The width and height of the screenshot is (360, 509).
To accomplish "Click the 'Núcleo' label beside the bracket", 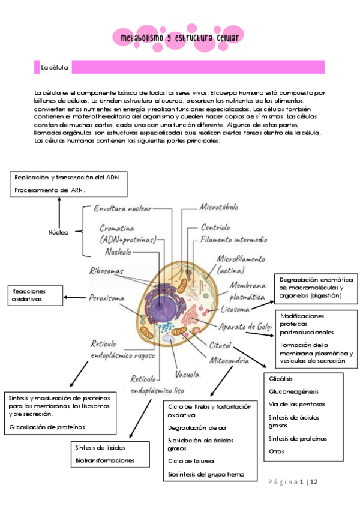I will point(58,232).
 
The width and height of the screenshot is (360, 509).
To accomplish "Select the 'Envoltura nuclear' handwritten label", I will point(122,208).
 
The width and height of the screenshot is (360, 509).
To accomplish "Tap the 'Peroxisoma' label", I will point(107,297).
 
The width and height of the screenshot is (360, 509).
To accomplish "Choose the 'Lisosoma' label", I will point(235,310).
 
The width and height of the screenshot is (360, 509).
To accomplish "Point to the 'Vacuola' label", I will point(187,375).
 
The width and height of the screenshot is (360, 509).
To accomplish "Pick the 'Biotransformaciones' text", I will point(104,460).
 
